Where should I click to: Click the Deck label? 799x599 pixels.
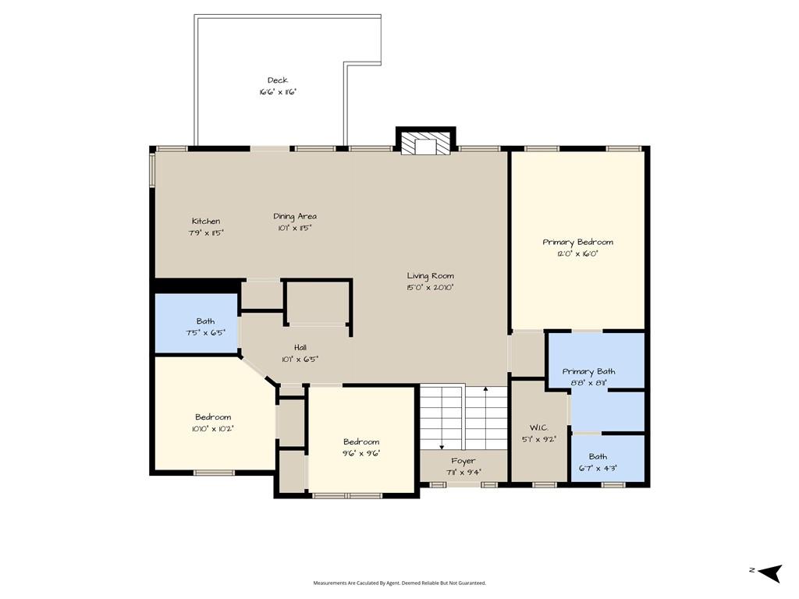278,80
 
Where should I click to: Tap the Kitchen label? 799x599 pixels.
206,221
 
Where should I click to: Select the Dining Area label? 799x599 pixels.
295,217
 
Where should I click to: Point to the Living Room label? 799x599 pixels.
430,276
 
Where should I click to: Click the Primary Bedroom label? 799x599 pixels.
578,242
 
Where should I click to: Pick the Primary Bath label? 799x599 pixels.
588,371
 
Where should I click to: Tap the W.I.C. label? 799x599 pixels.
538,427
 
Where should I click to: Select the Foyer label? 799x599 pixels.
463,461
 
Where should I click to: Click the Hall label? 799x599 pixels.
300,347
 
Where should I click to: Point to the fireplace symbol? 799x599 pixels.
425,144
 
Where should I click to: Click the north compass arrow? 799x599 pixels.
769,572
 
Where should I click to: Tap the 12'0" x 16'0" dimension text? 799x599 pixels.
578,253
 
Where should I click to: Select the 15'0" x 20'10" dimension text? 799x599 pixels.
430,287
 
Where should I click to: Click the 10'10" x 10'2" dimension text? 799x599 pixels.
212,429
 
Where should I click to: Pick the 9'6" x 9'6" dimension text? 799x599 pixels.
361,453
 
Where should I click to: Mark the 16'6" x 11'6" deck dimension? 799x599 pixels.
278,92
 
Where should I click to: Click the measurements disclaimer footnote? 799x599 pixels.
399,583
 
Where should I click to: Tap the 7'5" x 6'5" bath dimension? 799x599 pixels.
205,332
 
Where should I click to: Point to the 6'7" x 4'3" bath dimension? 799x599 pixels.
598,468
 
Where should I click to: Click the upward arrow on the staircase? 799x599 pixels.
485,418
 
